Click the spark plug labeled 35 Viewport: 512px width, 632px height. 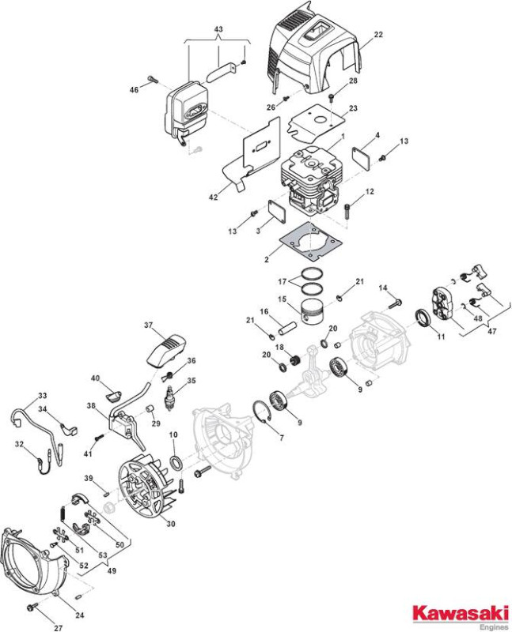click(169, 398)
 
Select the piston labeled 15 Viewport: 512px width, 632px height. click(313, 312)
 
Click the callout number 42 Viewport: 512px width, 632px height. click(213, 197)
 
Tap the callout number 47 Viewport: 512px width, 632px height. click(491, 331)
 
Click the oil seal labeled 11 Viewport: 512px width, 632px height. click(424, 319)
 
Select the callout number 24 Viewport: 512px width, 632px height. click(80, 615)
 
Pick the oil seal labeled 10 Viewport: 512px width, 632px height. click(176, 463)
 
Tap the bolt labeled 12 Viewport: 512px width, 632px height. click(347, 211)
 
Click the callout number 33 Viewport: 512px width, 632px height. click(42, 396)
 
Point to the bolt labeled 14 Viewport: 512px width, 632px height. click(395, 303)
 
